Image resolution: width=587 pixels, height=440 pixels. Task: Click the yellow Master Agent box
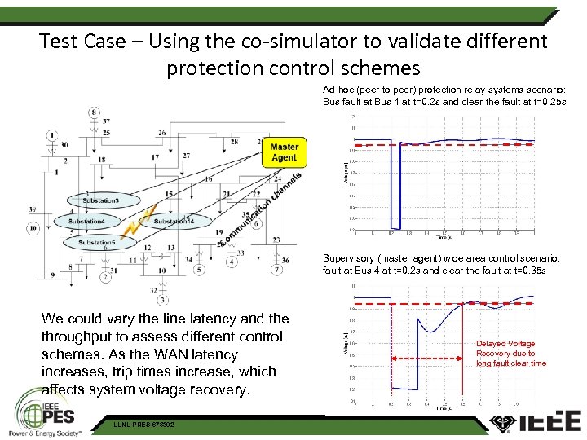click(x=284, y=152)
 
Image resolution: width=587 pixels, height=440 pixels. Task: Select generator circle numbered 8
click(x=94, y=112)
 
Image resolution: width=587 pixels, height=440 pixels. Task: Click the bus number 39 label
click(x=31, y=210)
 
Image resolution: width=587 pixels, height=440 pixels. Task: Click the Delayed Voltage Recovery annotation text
click(x=511, y=354)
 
